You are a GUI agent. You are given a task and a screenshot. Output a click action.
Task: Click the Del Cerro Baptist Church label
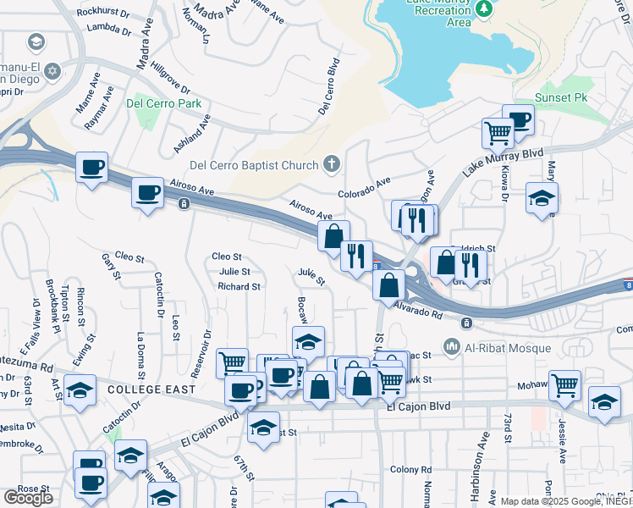click(x=254, y=165)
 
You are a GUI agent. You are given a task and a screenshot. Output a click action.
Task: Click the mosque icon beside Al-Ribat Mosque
click(x=451, y=347)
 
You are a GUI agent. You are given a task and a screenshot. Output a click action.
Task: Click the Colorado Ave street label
click(x=364, y=187)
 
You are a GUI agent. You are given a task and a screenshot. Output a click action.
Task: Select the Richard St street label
click(x=239, y=287)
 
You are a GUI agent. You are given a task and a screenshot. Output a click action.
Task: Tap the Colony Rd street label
click(x=411, y=469)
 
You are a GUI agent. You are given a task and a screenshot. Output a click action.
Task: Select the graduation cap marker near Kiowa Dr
click(x=542, y=198)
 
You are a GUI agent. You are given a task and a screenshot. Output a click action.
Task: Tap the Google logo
click(x=28, y=498)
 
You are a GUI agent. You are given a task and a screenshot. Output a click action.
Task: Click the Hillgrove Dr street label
click(x=175, y=76)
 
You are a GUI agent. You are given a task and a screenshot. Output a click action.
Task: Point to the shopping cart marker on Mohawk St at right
click(x=564, y=385)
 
